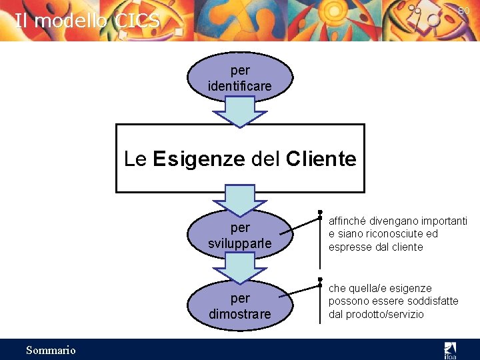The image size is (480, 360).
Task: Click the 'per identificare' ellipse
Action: pos(240,78)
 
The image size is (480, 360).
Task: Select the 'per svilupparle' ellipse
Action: pos(240,235)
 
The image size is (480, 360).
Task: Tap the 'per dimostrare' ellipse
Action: pos(240,305)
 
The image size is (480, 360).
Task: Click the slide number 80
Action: pos(464,11)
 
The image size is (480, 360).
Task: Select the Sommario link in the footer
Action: pos(51,350)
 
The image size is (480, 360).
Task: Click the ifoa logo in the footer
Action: pos(450,349)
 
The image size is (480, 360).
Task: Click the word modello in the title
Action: pos(71,21)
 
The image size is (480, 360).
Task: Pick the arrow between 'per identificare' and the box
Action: pos(239,112)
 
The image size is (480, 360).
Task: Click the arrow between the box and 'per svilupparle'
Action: pos(239,200)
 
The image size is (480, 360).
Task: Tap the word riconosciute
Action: pos(389,234)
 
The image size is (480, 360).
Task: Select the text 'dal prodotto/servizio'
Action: pos(376,314)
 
